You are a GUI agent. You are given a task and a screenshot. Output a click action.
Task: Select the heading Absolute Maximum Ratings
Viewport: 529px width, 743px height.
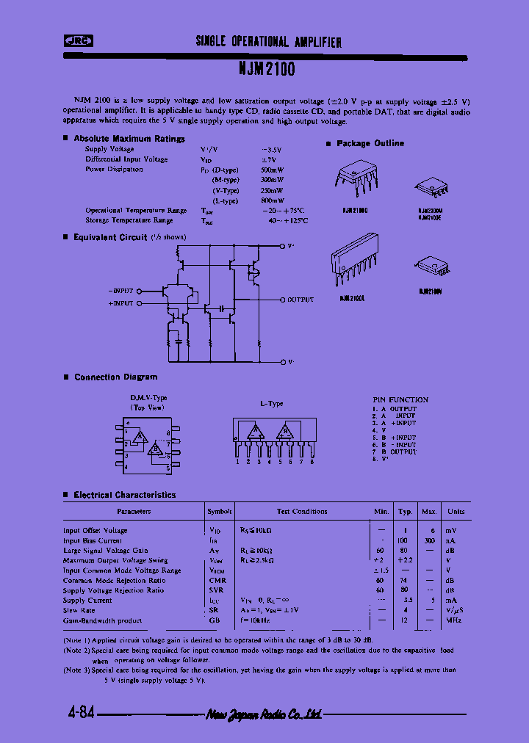[129, 138]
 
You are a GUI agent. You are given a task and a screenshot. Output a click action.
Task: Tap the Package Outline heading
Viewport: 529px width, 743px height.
[370, 143]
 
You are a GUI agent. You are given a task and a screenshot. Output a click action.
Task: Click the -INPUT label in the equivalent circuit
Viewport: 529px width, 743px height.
[120, 291]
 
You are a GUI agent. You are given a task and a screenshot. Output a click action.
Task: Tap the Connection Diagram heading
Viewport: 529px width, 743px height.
[115, 377]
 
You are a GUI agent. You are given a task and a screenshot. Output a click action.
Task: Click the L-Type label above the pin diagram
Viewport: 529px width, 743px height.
[271, 404]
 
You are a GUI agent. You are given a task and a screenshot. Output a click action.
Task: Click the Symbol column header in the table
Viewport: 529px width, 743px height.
[219, 511]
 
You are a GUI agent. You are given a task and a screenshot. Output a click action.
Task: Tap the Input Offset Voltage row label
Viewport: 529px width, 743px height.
[95, 530]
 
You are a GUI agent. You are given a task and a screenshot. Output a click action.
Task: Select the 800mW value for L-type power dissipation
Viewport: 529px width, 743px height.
[272, 200]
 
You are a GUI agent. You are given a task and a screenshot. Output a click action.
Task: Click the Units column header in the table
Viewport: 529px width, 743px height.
[456, 511]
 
